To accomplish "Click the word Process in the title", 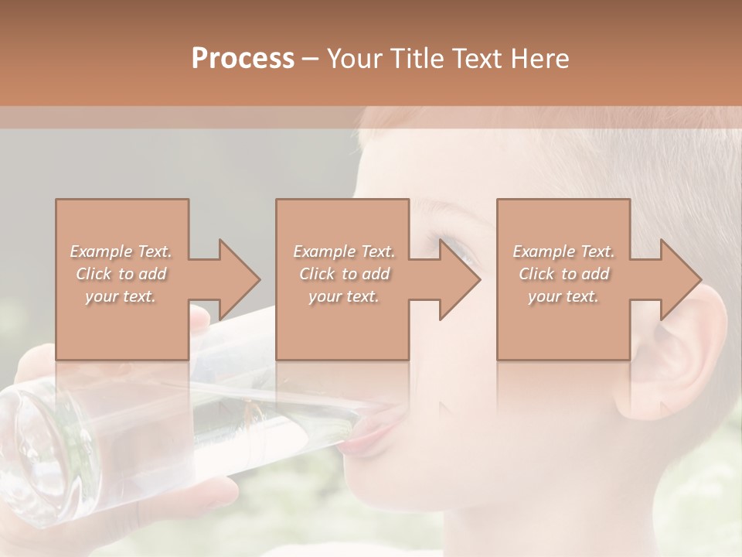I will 243,58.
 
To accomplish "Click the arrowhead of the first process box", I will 240,279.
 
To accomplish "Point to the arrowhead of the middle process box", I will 461,279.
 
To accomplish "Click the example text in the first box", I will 121,274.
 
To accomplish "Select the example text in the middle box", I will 343,274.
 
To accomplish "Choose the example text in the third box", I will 563,274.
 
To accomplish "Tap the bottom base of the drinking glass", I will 31,456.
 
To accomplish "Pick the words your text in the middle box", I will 343,296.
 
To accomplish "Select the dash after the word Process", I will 311,59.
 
